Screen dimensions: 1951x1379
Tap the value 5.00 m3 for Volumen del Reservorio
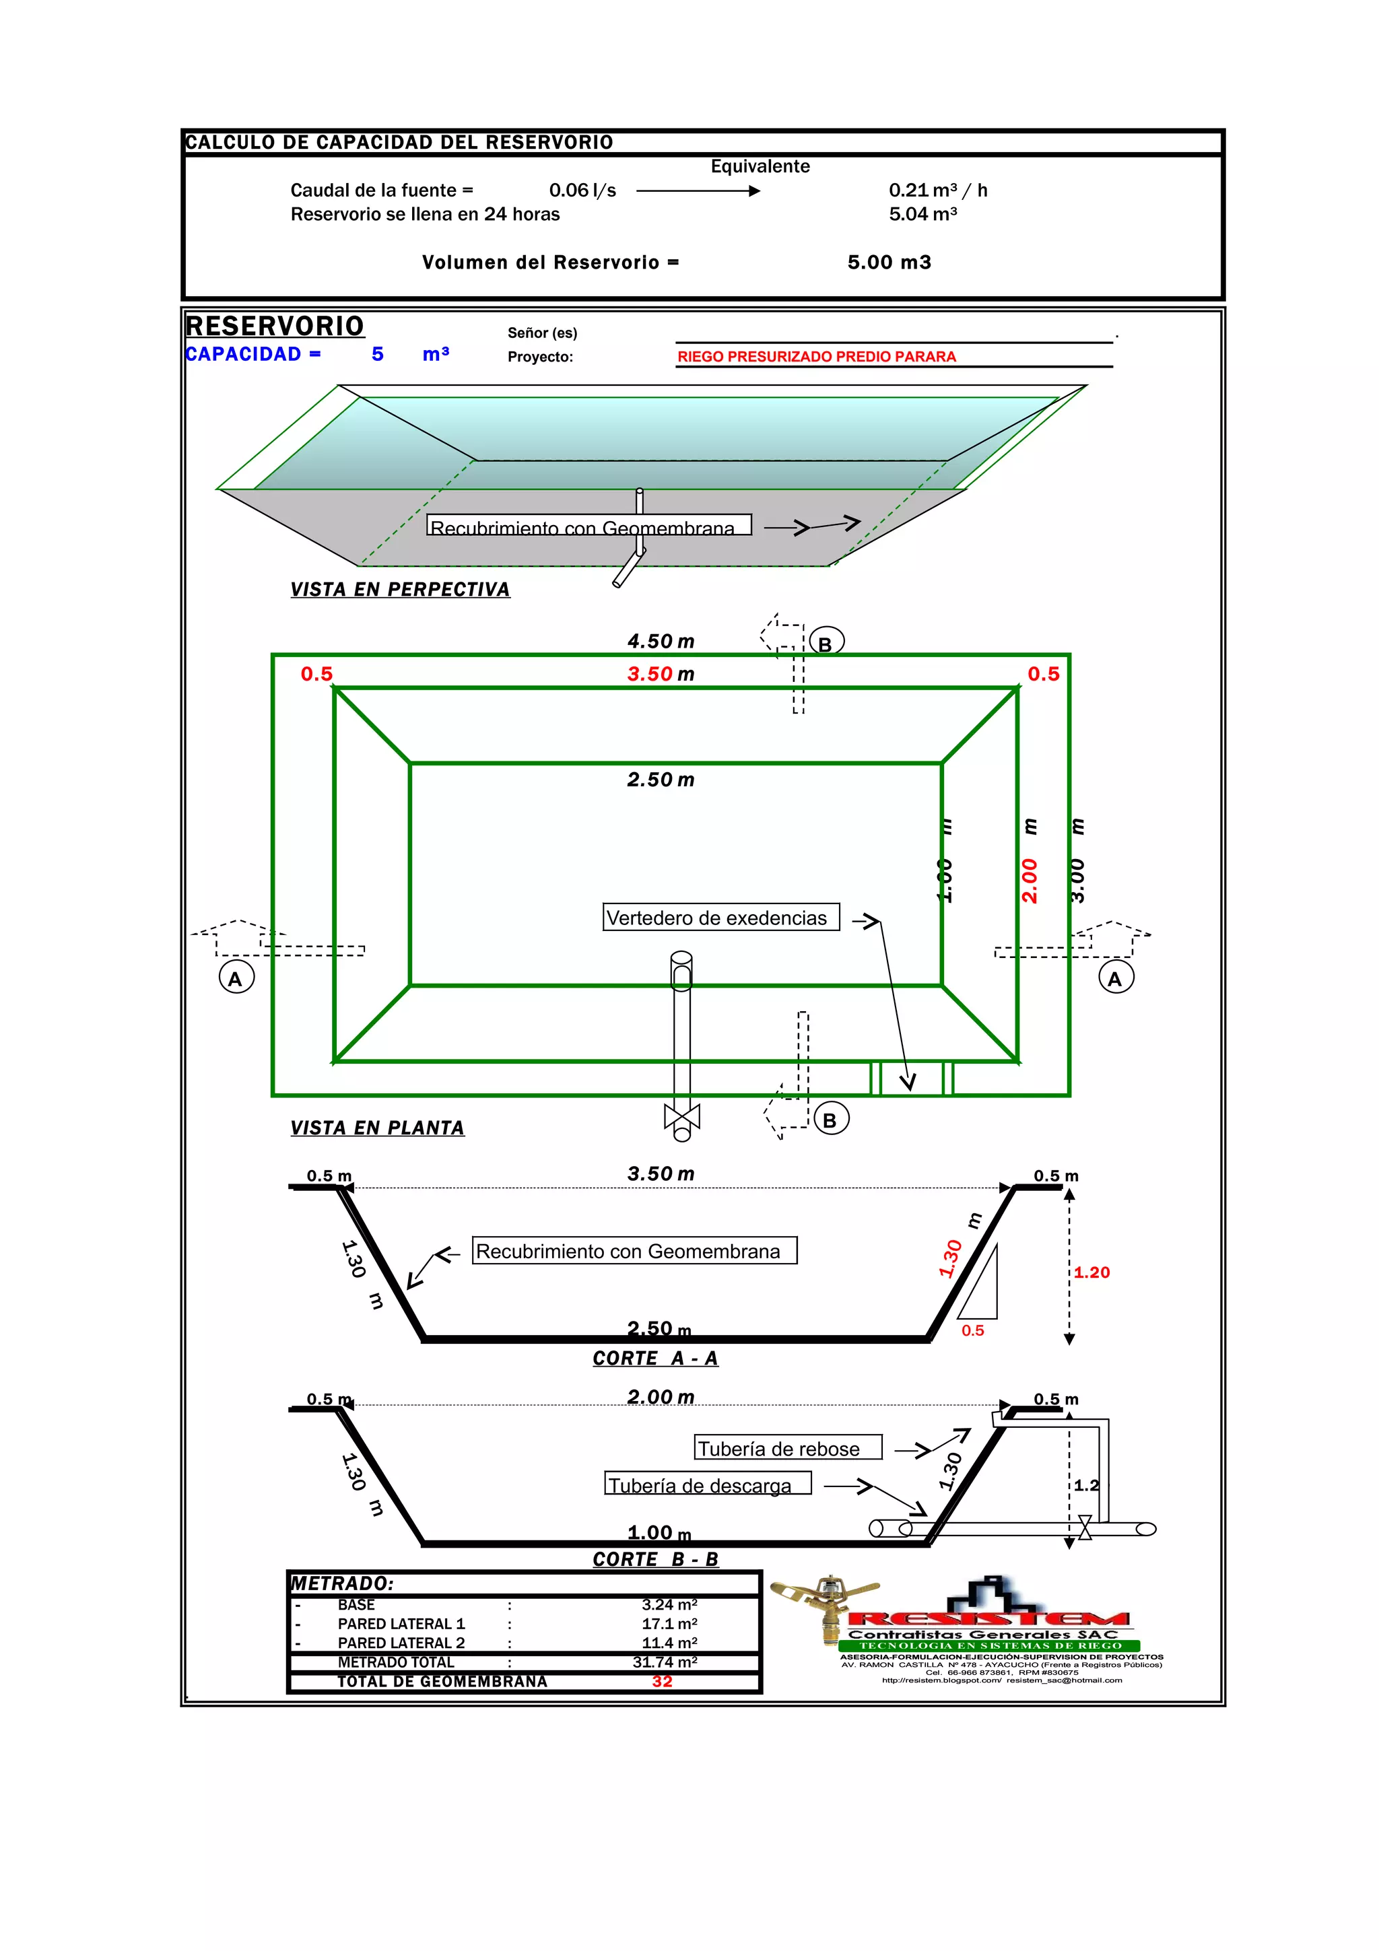(x=889, y=263)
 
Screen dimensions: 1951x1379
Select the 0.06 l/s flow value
(x=582, y=191)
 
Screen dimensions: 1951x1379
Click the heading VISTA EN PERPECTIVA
(x=399, y=590)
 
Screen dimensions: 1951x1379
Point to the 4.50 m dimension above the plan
(x=660, y=642)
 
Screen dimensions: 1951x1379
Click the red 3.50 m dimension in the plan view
(x=660, y=675)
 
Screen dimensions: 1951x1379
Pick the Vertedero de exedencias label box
(x=720, y=918)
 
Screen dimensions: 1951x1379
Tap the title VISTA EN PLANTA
(x=377, y=1128)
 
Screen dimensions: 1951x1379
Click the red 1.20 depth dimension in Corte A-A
(x=1091, y=1273)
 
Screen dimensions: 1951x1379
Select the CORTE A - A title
(x=655, y=1359)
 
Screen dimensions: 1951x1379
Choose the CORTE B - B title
(x=655, y=1560)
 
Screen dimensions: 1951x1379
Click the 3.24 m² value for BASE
(x=669, y=1605)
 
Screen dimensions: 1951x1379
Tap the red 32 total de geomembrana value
(x=662, y=1682)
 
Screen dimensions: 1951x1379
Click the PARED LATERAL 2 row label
(x=401, y=1643)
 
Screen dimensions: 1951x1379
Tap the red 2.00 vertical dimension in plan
(x=1030, y=881)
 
